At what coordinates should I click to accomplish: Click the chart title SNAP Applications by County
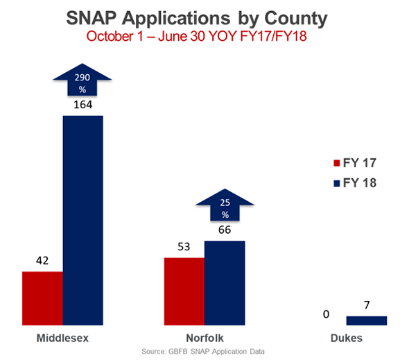coord(207,17)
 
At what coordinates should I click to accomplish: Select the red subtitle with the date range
coord(207,35)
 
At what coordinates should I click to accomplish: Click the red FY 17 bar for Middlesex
coord(43,298)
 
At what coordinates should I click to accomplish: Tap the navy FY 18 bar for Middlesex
coord(83,219)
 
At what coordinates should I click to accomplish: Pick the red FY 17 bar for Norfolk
coord(184,291)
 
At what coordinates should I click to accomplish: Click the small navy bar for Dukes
coord(367,320)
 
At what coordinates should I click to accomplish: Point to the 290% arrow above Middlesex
coord(83,85)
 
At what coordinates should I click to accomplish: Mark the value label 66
coord(224,232)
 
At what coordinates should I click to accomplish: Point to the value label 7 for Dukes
coord(367,307)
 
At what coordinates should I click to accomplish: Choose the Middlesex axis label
coord(62,338)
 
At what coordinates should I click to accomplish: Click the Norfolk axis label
coord(204,338)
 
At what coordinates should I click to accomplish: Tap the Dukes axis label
coord(346,338)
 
